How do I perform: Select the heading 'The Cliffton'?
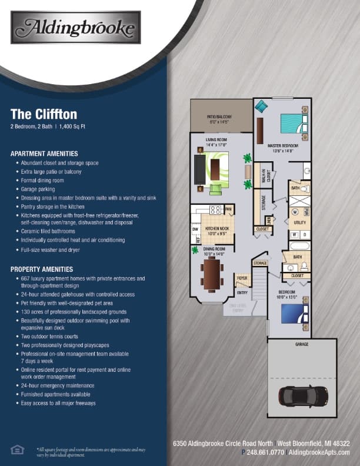click(x=44, y=114)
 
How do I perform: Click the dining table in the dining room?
click(x=212, y=274)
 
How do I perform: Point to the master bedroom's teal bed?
click(x=293, y=124)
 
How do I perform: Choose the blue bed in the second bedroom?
click(x=292, y=313)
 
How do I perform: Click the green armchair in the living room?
click(x=215, y=189)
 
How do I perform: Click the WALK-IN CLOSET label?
click(x=265, y=175)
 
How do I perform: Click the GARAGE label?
click(x=302, y=345)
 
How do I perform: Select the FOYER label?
click(x=241, y=277)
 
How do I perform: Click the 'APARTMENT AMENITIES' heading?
click(x=44, y=153)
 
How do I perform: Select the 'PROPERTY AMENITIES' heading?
click(x=41, y=269)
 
